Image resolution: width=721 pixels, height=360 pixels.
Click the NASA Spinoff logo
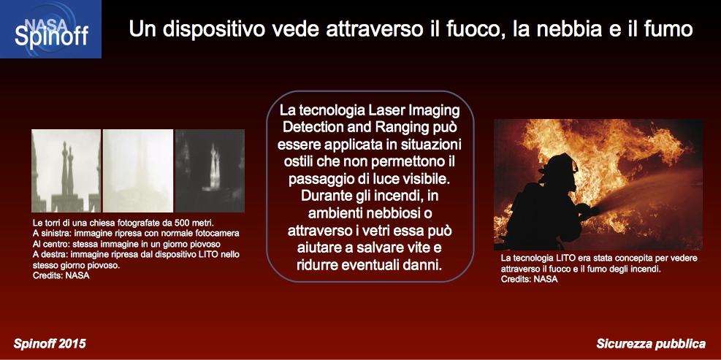click(50, 29)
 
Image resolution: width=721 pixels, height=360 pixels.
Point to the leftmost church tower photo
click(66, 171)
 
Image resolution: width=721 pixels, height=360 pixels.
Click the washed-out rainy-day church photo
click(138, 171)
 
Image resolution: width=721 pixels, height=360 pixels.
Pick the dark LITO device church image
click(210, 171)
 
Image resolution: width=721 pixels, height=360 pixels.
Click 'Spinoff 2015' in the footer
click(50, 343)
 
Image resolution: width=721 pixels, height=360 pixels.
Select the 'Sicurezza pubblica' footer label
click(651, 343)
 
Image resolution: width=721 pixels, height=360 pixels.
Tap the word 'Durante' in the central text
click(324, 196)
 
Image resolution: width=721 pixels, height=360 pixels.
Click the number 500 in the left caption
click(183, 223)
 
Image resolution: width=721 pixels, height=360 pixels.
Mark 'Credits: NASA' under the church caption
click(61, 276)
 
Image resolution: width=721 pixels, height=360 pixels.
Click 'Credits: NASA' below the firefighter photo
click(530, 280)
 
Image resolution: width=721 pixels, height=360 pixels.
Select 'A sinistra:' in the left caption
click(50, 233)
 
